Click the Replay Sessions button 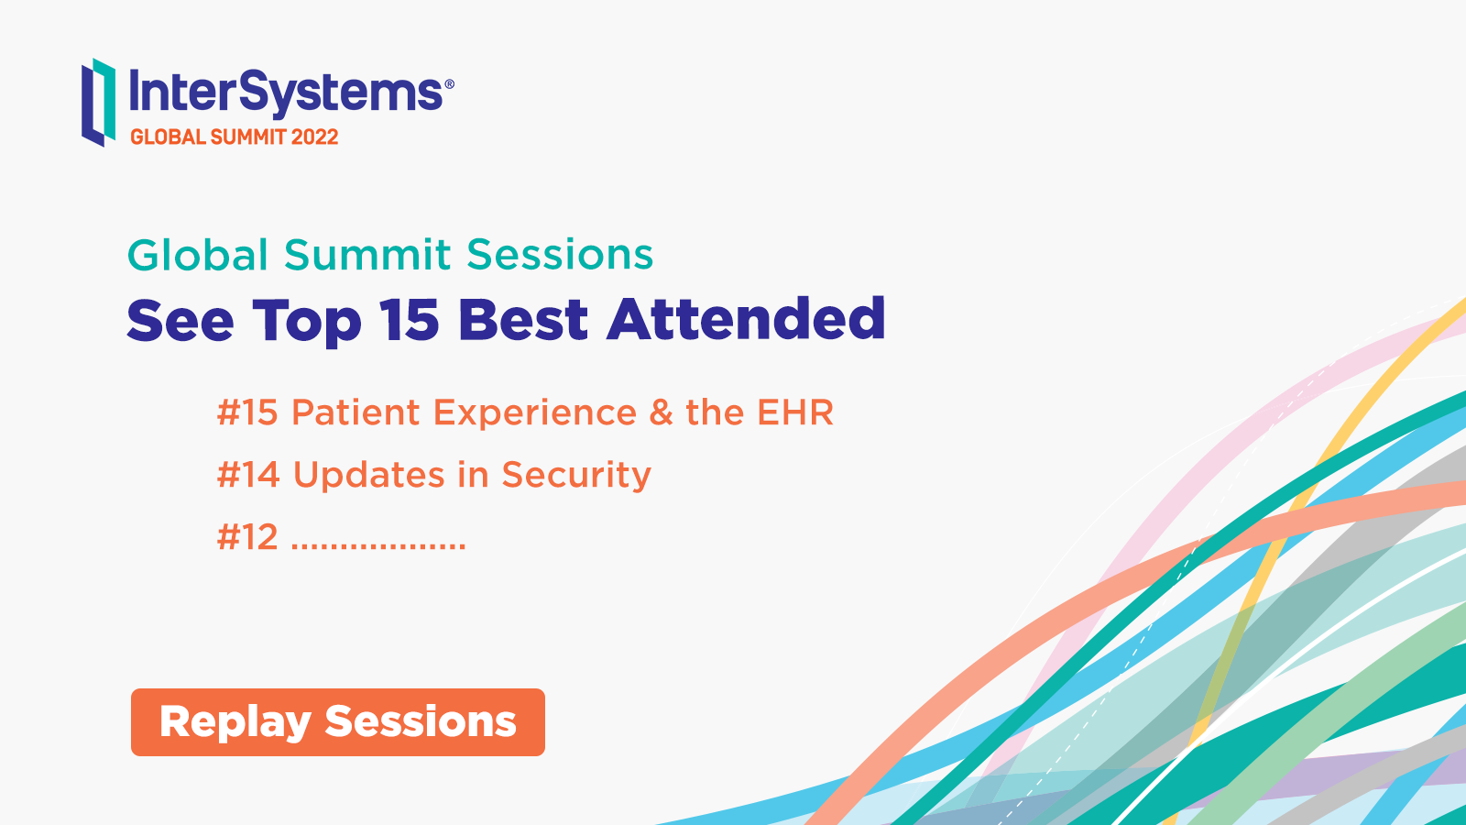point(338,722)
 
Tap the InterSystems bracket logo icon point(99,102)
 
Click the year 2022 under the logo point(315,137)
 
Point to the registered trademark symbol point(449,83)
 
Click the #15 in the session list point(247,412)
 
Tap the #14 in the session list point(248,474)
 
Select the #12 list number point(247,537)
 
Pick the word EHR point(795,412)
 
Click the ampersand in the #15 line point(661,412)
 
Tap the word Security point(576,476)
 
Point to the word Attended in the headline point(746,319)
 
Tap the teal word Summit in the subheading point(367,254)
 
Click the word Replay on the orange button point(235,723)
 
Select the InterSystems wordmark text point(286,93)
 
